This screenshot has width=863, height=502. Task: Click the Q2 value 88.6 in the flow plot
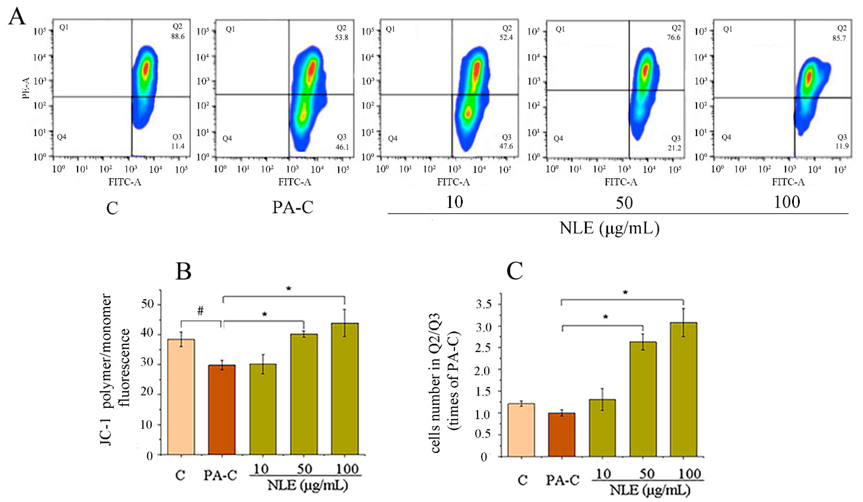178,36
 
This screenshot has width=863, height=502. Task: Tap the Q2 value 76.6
673,37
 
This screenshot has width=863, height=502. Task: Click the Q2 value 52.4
506,37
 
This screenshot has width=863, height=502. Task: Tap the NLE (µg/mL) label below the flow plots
609,228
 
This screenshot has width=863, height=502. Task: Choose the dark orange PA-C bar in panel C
562,435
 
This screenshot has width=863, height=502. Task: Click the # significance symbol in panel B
200,311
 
